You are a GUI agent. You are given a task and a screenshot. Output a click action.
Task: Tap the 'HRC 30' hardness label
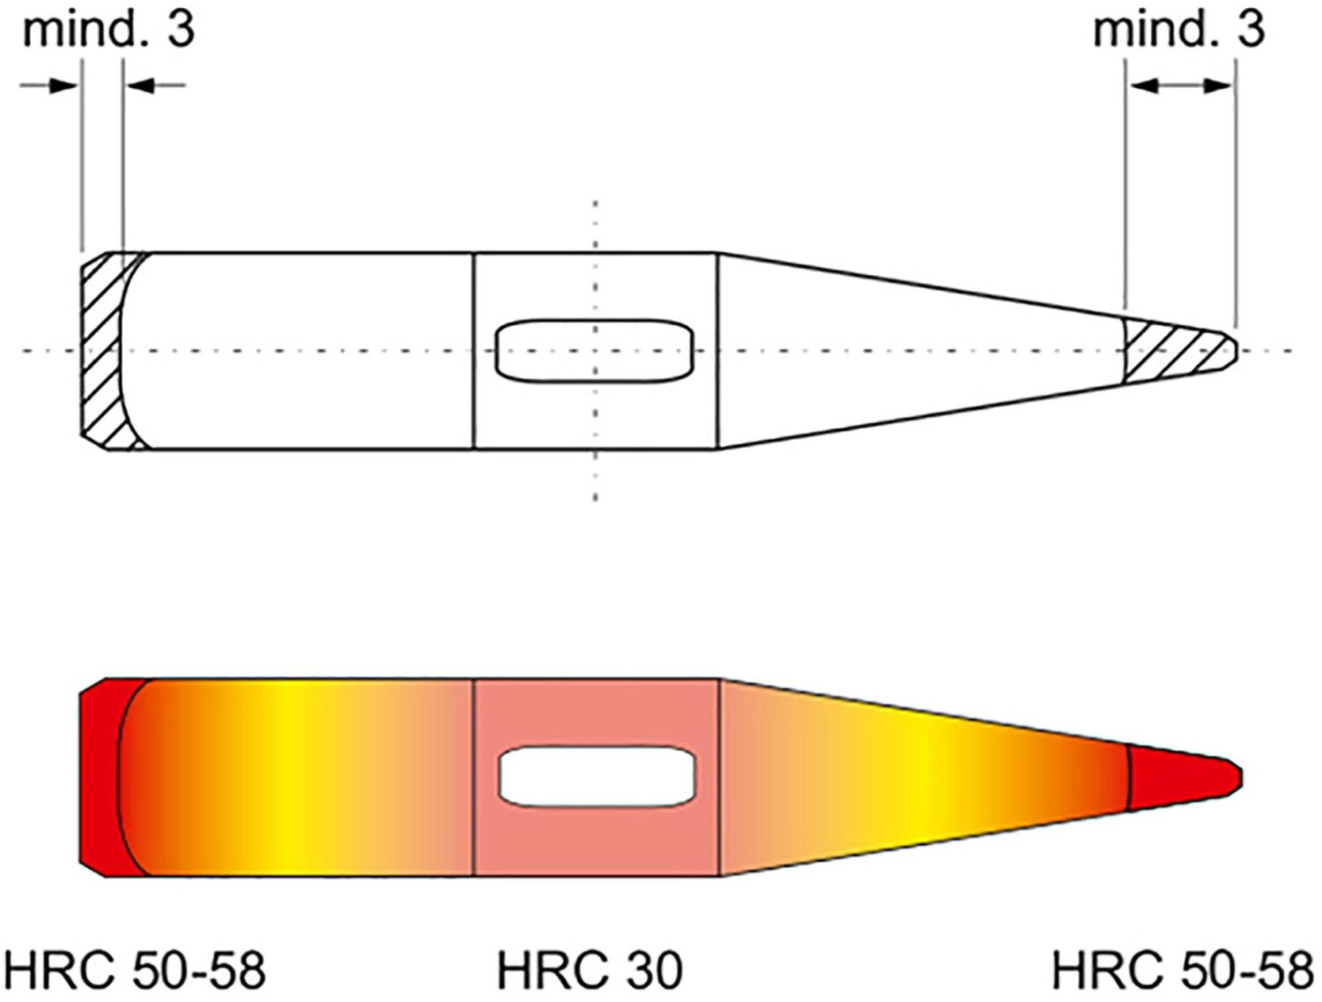pos(590,970)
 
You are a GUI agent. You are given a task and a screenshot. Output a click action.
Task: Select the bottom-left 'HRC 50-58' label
pos(135,970)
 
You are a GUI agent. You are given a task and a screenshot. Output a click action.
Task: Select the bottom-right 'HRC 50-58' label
pos(1182,970)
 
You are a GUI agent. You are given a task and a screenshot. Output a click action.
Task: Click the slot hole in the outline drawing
pos(595,351)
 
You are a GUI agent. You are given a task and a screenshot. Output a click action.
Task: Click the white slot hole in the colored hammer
pos(597,776)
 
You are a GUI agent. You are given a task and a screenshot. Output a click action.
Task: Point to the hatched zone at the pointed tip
pos(1177,350)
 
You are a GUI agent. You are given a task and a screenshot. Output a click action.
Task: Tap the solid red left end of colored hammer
pos(99,776)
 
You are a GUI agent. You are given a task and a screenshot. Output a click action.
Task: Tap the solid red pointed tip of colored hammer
pos(1181,776)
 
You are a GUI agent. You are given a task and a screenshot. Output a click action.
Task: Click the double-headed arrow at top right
pos(1181,85)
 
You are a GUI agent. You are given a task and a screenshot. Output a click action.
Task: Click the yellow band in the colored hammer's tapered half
pos(925,776)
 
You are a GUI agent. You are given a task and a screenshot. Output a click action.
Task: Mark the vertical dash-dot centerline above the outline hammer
pos(596,225)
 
